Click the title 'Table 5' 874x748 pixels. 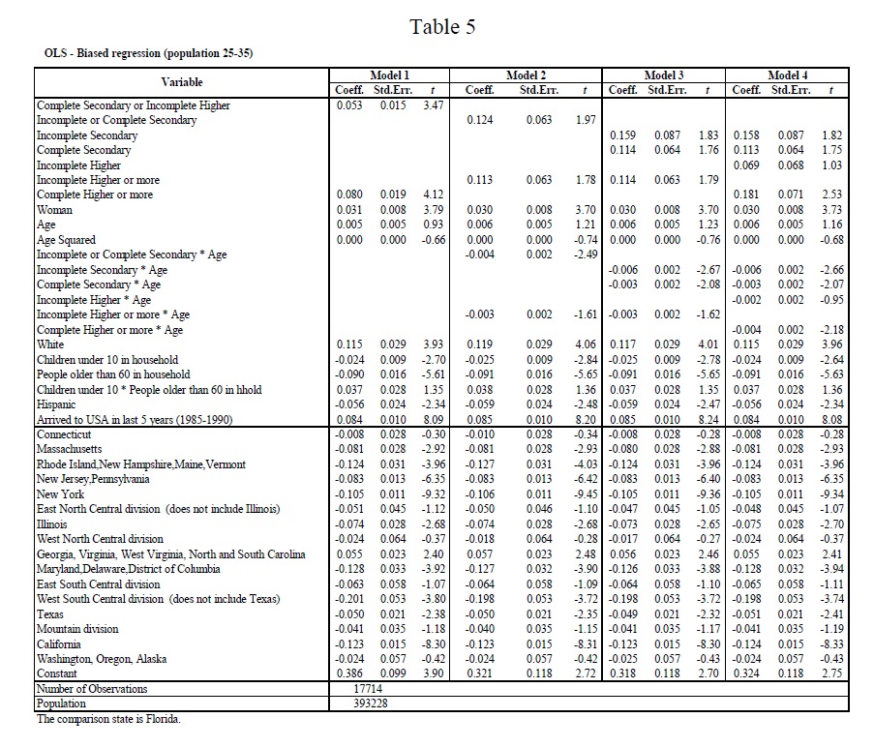pyautogui.click(x=442, y=26)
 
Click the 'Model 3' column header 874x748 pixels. pyautogui.click(x=664, y=75)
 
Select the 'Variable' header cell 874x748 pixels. pyautogui.click(x=182, y=82)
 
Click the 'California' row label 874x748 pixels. pyautogui.click(x=58, y=643)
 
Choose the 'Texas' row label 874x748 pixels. pyautogui.click(x=50, y=613)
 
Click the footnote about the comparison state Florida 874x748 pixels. pyautogui.click(x=108, y=719)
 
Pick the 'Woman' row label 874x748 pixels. pyautogui.click(x=54, y=210)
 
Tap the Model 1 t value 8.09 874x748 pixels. pyautogui.click(x=433, y=419)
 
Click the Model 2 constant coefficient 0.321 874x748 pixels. pyautogui.click(x=481, y=673)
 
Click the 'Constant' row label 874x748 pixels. pyautogui.click(x=57, y=673)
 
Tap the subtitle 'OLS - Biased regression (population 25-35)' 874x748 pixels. pyautogui.click(x=149, y=53)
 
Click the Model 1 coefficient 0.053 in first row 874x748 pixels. pyautogui.click(x=350, y=105)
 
